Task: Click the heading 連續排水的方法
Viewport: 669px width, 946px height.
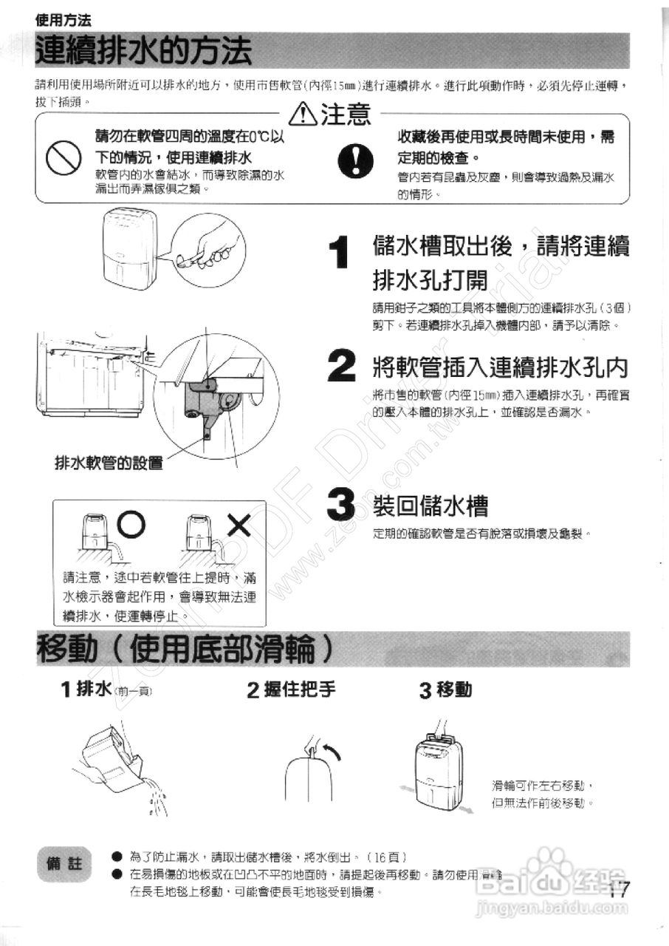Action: click(145, 53)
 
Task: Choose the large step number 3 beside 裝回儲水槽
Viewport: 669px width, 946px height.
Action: click(341, 506)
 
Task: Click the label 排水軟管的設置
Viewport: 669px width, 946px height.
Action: click(109, 463)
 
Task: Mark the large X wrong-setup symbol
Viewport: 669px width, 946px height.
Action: click(239, 525)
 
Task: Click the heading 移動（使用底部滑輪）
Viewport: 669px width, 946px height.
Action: click(177, 650)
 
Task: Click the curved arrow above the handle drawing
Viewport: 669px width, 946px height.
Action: click(332, 753)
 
